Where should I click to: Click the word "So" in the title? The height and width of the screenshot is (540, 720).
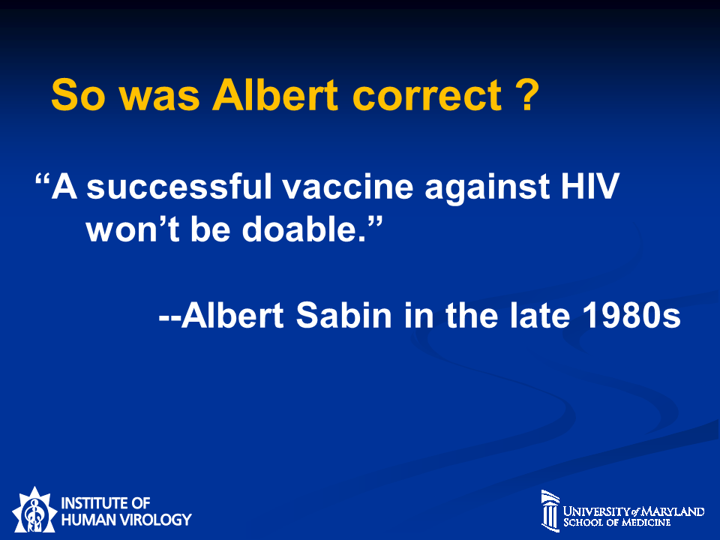[79, 95]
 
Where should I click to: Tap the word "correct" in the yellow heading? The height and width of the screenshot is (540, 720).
[427, 95]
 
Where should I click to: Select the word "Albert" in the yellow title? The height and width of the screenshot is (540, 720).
[275, 94]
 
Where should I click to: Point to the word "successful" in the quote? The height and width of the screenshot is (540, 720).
[179, 186]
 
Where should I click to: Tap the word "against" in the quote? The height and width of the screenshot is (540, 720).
[487, 187]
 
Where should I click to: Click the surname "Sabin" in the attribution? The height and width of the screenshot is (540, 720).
[343, 315]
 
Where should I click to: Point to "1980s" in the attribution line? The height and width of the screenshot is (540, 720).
[631, 316]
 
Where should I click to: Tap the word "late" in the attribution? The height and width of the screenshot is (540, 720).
[540, 315]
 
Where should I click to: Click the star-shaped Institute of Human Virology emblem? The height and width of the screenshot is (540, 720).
[34, 510]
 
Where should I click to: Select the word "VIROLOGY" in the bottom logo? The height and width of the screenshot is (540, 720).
[155, 520]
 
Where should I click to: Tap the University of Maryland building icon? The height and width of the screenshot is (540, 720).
[550, 511]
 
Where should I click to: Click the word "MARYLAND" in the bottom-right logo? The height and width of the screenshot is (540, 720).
[673, 511]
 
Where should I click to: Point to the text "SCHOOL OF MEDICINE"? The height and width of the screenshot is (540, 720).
[616, 523]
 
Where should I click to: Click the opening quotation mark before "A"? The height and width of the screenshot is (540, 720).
[42, 178]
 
